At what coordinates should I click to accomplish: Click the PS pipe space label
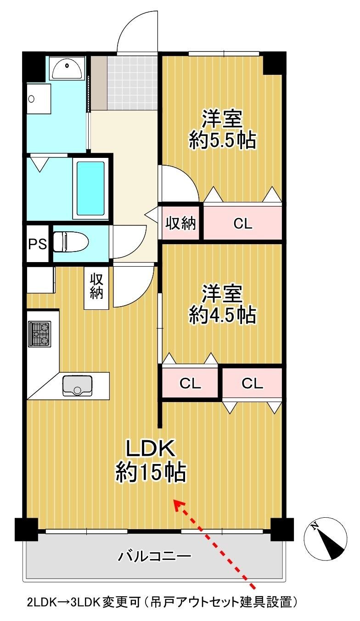click(38, 244)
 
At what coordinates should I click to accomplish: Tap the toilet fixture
click(70, 242)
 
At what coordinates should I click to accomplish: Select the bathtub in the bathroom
click(90, 188)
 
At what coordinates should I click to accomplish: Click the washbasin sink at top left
click(67, 68)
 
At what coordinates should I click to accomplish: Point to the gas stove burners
click(39, 334)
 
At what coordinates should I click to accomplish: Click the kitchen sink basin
click(78, 386)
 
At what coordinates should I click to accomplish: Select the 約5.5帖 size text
click(222, 141)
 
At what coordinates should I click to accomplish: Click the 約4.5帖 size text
click(222, 315)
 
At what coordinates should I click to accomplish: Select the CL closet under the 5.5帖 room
click(243, 223)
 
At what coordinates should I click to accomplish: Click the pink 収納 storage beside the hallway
click(180, 223)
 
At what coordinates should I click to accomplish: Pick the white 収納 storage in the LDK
click(96, 287)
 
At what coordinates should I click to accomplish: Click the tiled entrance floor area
click(132, 83)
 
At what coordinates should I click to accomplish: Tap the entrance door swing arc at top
click(136, 31)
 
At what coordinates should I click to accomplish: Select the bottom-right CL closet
click(252, 384)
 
